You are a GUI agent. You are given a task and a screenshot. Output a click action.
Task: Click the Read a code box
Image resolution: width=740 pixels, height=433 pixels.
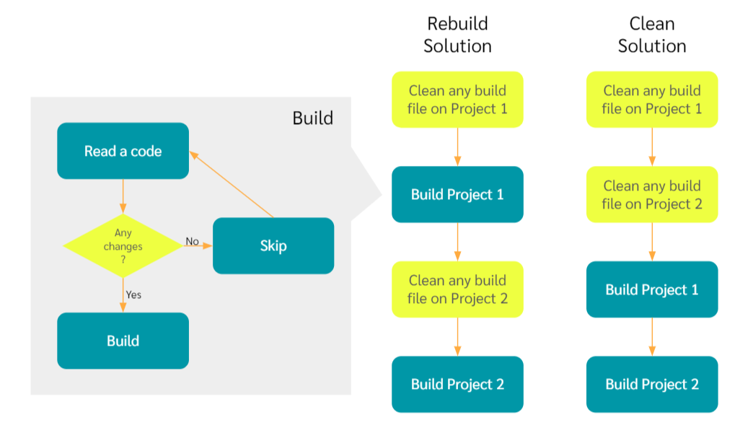(123, 151)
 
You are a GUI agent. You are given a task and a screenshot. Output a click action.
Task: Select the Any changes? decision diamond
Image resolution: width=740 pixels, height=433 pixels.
(123, 246)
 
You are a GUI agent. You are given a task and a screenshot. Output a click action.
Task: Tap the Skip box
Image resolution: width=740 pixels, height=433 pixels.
(273, 246)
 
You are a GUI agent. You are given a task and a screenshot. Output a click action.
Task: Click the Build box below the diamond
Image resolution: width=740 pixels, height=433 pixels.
(123, 341)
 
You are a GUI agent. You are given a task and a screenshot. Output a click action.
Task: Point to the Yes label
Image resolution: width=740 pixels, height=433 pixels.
(133, 294)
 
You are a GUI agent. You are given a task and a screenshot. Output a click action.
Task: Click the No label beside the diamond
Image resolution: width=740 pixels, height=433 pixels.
(192, 241)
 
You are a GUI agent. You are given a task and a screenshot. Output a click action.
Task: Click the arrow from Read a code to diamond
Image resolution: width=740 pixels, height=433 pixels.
(123, 196)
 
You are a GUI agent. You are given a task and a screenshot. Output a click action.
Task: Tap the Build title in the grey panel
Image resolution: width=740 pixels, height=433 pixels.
(312, 118)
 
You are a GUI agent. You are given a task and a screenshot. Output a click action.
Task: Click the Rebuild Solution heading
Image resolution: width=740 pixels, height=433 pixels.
(457, 35)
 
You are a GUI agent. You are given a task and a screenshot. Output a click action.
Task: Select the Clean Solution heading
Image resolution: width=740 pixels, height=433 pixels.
(652, 35)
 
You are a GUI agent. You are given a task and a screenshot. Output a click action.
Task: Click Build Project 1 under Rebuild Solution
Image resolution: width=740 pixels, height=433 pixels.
(457, 194)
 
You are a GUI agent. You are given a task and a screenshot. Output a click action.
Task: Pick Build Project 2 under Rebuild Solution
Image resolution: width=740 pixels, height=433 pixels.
(457, 384)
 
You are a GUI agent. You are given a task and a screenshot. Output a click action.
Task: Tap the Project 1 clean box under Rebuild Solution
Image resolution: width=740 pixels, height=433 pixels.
(457, 100)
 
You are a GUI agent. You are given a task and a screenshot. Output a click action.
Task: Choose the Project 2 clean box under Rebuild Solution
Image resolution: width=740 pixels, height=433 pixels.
(457, 289)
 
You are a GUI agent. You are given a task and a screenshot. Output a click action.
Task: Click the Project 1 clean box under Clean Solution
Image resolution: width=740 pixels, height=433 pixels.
(652, 100)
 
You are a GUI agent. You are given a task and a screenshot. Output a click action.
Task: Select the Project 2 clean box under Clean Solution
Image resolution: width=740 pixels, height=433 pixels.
(652, 194)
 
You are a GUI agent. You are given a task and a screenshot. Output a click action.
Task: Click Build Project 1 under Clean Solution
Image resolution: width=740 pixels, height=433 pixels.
(652, 289)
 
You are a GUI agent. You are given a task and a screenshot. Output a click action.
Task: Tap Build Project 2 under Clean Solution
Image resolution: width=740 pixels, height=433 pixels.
(652, 384)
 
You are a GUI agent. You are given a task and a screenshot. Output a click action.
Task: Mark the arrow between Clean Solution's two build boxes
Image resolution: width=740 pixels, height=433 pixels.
(652, 336)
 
